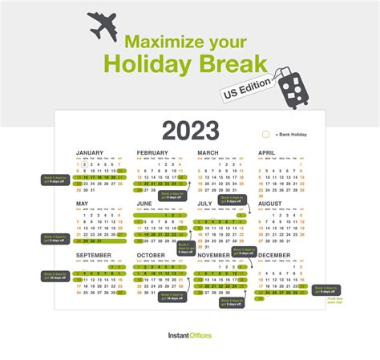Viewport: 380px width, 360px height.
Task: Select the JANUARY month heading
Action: (90, 152)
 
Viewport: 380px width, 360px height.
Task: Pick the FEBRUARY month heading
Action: (152, 152)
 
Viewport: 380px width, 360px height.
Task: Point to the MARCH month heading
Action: (208, 152)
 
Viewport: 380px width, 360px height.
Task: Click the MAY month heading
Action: (82, 204)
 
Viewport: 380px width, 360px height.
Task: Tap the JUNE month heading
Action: (144, 204)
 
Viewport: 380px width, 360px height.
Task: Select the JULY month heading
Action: (204, 204)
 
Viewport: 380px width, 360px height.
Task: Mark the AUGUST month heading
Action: (271, 204)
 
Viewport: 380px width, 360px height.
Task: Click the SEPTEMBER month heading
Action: (95, 255)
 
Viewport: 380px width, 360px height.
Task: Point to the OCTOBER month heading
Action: (151, 255)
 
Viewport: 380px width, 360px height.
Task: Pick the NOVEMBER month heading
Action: (215, 255)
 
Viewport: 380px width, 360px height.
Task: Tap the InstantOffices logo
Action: (189, 335)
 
